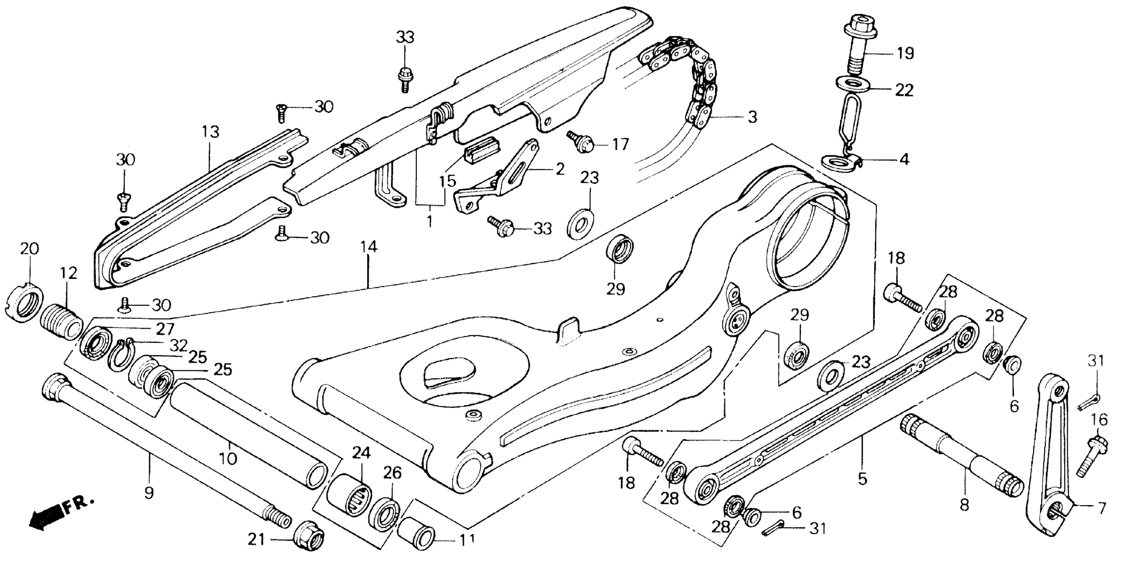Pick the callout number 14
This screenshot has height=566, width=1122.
pyautogui.click(x=368, y=247)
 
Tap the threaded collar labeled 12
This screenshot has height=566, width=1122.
pyautogui.click(x=61, y=324)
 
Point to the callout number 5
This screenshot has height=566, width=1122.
pyautogui.click(x=862, y=479)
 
